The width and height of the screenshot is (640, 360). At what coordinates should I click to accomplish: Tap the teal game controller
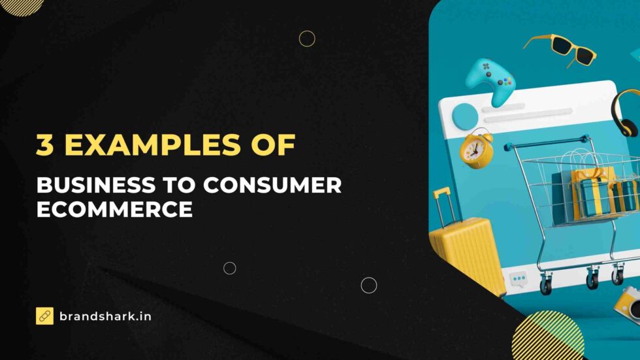[490, 80]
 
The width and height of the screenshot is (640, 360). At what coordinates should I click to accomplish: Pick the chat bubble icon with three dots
[519, 280]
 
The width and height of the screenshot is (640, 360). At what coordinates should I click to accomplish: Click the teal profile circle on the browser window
[465, 116]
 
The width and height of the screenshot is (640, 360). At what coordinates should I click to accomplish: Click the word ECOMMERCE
[114, 210]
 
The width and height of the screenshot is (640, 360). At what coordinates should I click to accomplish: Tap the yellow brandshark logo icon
[44, 316]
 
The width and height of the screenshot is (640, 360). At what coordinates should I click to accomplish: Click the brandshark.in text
[105, 316]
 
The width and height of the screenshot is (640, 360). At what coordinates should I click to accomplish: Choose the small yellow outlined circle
[307, 39]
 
